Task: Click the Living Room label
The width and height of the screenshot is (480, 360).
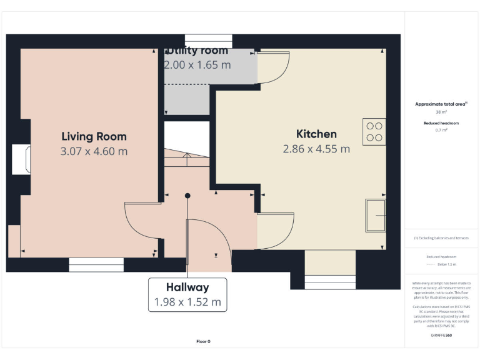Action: pos(94,136)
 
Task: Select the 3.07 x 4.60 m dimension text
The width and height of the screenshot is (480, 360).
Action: pos(94,151)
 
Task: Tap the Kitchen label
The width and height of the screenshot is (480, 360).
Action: pos(316,134)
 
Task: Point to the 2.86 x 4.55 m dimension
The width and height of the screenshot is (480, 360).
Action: pos(316,149)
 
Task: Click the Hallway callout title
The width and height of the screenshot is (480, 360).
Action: pos(187,287)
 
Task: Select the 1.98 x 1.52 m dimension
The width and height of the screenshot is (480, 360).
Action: pos(187,302)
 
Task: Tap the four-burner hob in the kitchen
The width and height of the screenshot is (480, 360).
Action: pos(374,131)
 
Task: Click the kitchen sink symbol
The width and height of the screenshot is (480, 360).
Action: pos(376,215)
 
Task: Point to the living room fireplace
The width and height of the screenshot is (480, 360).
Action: pos(21,159)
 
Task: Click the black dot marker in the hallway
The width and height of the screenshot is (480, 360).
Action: pos(187,196)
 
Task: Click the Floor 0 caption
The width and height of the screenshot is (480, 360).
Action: pos(204,341)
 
